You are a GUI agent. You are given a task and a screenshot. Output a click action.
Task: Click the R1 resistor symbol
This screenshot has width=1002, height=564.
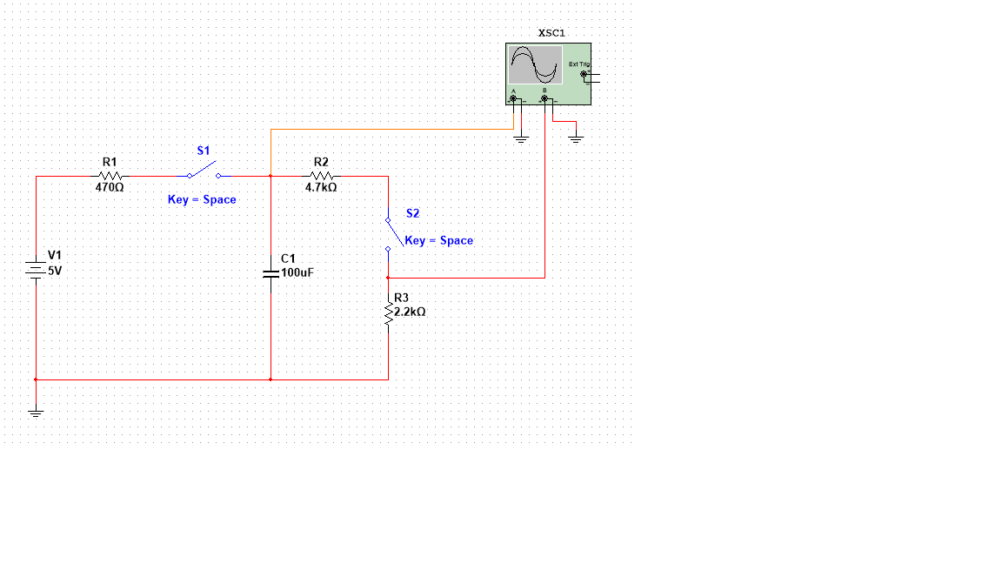point(110,177)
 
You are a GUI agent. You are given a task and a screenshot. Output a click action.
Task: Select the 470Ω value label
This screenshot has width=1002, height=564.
point(110,187)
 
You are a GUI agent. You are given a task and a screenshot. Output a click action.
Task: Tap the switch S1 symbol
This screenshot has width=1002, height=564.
point(203,171)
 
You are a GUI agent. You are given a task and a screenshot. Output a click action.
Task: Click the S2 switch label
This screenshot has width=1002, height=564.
point(412,213)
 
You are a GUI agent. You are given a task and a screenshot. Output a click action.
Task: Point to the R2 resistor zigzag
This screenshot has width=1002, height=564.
point(321,177)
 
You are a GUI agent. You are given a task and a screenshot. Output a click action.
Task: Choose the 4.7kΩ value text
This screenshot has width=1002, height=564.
point(321,187)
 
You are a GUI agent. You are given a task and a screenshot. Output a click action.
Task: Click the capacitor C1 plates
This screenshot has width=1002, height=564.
point(271,272)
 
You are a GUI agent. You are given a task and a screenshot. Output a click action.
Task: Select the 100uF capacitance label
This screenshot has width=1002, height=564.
point(297,272)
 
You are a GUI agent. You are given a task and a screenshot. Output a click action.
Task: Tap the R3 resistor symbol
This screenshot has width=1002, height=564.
point(389,312)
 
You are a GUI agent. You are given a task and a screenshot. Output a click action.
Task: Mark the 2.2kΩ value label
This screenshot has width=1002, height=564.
point(410,312)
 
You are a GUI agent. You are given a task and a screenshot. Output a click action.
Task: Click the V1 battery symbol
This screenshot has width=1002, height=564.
point(36,270)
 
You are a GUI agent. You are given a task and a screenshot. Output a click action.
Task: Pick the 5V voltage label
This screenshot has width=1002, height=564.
point(55,271)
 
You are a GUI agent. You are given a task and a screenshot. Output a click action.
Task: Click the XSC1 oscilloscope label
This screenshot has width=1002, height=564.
point(551,33)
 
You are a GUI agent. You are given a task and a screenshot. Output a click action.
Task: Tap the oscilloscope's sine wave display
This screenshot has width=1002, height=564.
point(534,65)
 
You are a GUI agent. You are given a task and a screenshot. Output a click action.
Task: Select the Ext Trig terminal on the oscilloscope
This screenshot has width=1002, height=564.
point(584,74)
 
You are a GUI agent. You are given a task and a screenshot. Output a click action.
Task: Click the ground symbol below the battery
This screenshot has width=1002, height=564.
point(36,412)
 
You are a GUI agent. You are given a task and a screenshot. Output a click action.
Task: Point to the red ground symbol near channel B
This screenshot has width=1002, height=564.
point(575,137)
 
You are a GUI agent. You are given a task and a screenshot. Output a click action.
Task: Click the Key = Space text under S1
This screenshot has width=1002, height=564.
point(202,199)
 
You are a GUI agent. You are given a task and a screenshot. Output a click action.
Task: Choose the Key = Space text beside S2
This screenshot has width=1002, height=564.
point(439,240)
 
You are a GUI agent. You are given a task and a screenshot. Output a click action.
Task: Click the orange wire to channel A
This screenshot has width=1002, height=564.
point(391,130)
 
